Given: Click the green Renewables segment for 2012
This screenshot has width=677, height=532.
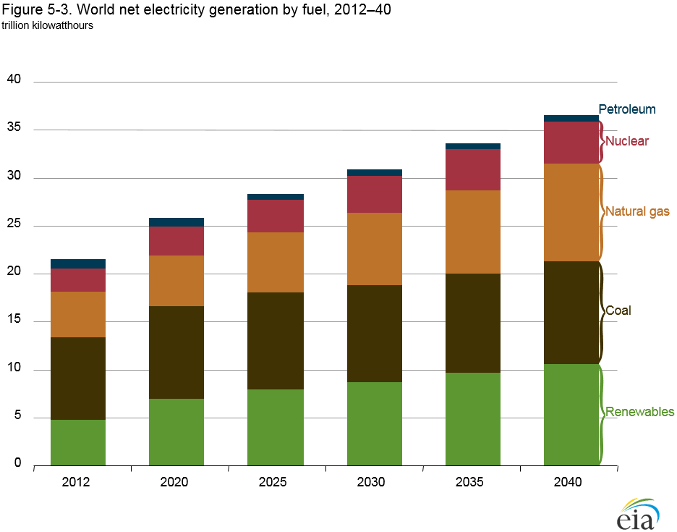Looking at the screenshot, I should click(78, 442).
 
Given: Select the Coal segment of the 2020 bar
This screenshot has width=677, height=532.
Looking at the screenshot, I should click(176, 352).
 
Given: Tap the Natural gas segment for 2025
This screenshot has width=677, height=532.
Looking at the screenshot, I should click(276, 262).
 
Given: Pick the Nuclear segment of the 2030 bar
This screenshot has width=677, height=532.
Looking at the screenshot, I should click(375, 194).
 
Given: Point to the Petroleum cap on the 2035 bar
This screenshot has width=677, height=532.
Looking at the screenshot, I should click(473, 146).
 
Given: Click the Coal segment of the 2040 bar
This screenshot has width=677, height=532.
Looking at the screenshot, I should click(571, 312).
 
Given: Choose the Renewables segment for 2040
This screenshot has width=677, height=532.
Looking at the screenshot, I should click(571, 414).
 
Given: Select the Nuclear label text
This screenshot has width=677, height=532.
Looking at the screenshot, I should click(627, 141).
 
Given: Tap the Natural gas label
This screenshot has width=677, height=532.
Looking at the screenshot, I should click(637, 212).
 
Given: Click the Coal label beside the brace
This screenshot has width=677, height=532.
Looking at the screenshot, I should click(618, 311).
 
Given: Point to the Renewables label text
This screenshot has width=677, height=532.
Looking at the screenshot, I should click(639, 412).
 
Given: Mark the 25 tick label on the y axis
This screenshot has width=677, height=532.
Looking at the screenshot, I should click(14, 225).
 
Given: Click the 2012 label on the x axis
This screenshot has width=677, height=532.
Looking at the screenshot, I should click(77, 483).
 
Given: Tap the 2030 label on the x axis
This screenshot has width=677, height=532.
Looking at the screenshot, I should click(374, 483).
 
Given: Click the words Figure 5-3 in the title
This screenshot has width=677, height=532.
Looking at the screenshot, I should click(36, 11).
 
